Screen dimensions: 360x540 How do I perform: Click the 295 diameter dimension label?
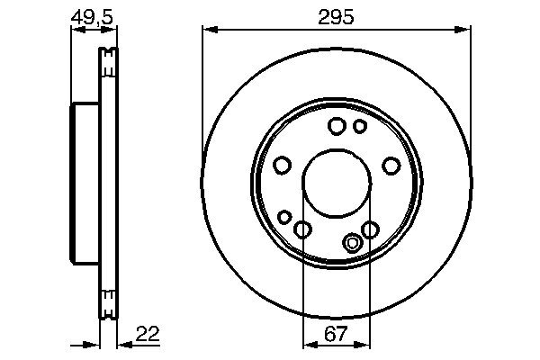point(336,16)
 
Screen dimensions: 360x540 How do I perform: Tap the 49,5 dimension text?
point(94,16)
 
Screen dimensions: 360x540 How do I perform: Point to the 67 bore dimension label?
point(336,334)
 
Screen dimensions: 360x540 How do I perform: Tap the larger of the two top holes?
point(337,126)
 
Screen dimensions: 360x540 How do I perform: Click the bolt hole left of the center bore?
point(282,166)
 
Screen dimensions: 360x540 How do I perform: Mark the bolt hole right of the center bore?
point(391,166)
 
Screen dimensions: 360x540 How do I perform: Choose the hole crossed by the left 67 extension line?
point(303,230)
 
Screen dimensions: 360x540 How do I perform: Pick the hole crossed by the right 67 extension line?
point(369,230)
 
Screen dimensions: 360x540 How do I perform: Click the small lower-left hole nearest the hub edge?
point(284,217)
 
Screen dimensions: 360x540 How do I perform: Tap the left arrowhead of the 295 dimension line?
point(207,31)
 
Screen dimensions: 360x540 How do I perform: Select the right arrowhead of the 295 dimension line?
point(465,31)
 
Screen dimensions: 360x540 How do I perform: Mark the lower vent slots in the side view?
point(109,303)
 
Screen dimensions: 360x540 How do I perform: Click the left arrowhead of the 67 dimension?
point(307,345)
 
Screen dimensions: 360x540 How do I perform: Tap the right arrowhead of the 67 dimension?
point(364,345)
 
